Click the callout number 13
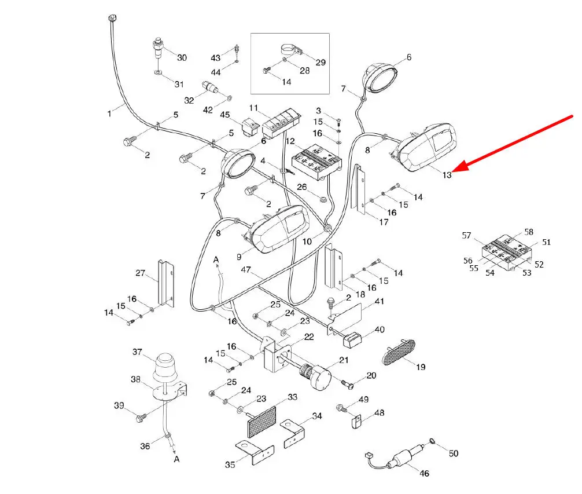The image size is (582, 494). coord(447,175)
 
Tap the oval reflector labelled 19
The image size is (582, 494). coord(399,352)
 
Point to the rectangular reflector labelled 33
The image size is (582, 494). coord(261,422)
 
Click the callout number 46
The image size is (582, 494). coord(424,473)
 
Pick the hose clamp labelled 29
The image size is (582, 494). coord(292,50)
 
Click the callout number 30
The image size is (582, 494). coord(182,57)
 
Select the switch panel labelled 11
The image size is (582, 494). coord(282,123)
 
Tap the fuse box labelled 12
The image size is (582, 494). coord(316,162)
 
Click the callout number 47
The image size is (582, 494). coord(246,270)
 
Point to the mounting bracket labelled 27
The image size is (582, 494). coord(166,283)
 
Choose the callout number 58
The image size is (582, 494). coord(529,232)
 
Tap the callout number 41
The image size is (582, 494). coord(379,301)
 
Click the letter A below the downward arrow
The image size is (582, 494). coord(176,459)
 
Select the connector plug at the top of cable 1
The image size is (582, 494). coord(113,18)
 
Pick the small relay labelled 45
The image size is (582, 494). coord(250,127)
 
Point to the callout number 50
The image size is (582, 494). coord(453,453)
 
